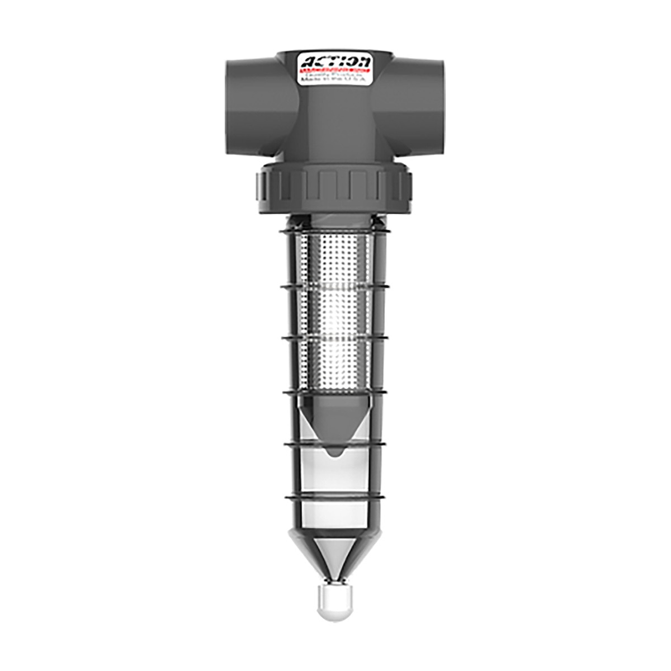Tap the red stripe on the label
[x=335, y=71]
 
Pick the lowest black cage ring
[x=335, y=497]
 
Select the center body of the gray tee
[x=335, y=123]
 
